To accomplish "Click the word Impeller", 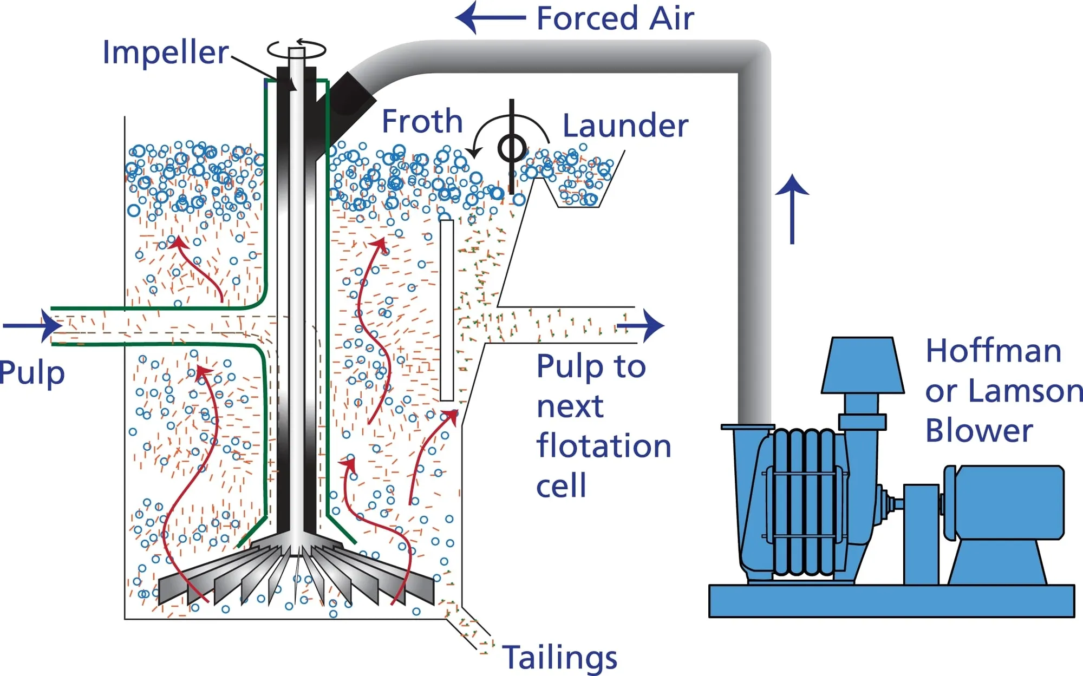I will (x=165, y=52).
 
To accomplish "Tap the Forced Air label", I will (x=615, y=18).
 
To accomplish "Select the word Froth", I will (x=422, y=121).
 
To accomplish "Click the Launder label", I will (x=625, y=126).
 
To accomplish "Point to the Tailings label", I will (x=560, y=657).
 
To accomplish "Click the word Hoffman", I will (x=993, y=351).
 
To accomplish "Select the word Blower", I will (x=978, y=431).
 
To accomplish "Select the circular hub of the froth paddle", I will (x=511, y=148).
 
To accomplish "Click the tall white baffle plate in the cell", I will (x=447, y=310).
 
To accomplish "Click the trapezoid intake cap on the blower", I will (x=862, y=366).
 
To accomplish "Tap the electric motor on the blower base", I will (x=1004, y=502).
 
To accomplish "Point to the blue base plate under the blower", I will (x=891, y=601).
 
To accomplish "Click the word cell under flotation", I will (x=561, y=485).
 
